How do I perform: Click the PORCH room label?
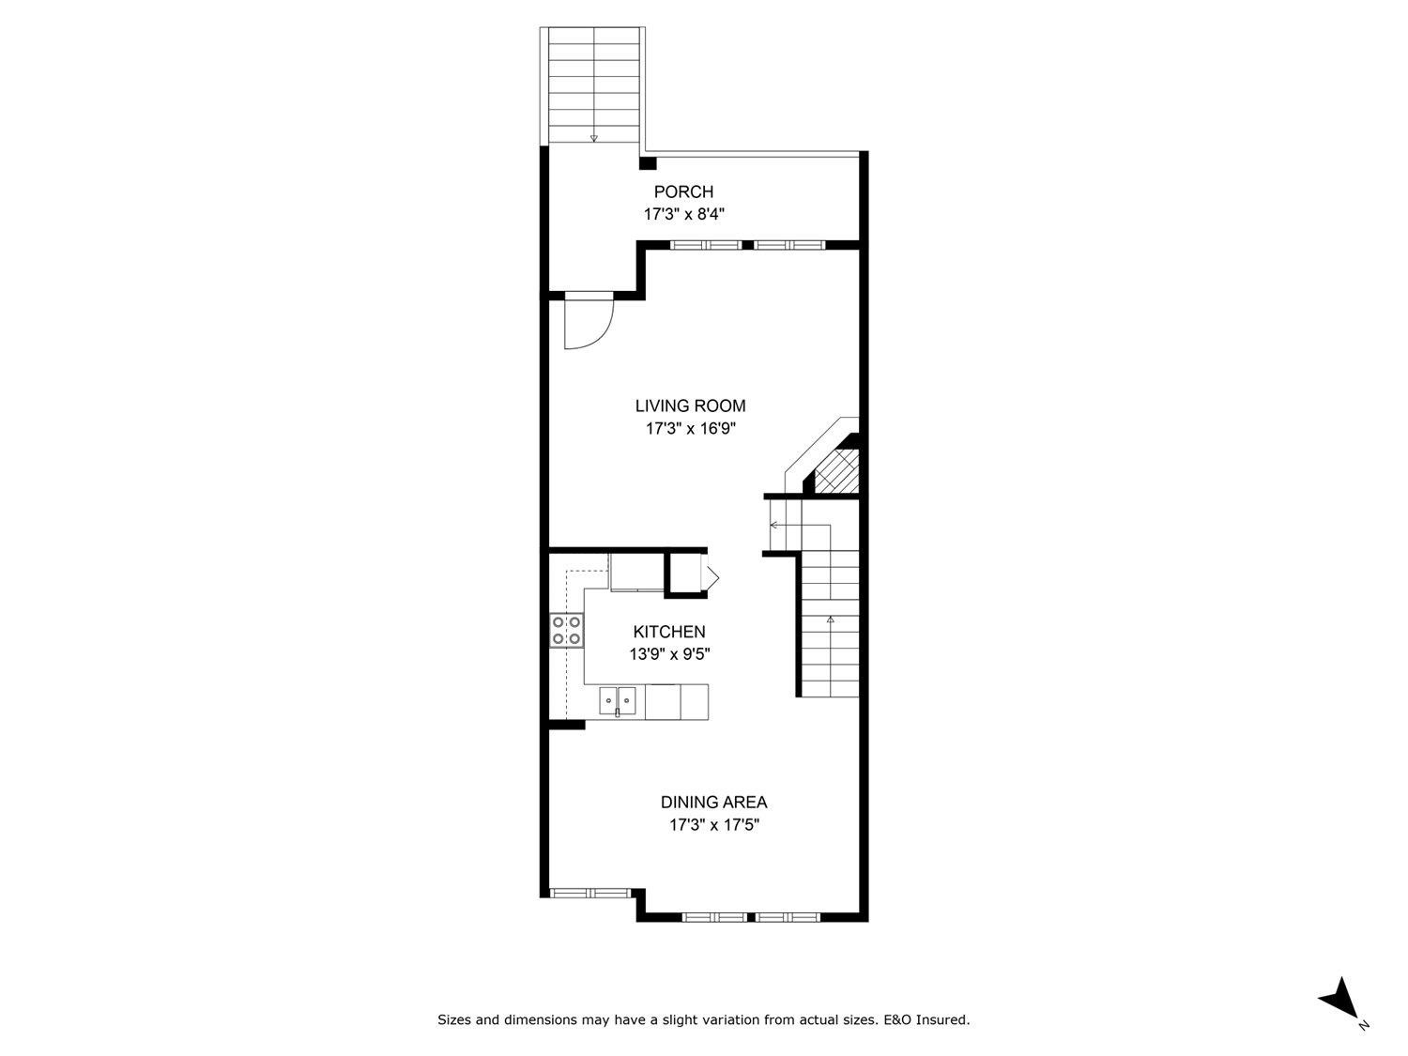coord(683,192)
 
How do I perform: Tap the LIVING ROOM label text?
coord(690,406)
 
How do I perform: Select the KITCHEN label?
coord(668,633)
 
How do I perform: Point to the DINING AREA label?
coord(713,803)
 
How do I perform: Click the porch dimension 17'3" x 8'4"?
coord(683,214)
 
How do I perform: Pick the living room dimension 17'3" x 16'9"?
coord(690,429)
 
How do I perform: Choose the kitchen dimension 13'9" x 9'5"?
coord(668,654)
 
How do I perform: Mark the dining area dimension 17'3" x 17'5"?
coord(713,825)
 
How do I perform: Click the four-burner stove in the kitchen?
coord(566,630)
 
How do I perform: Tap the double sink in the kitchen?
coord(618,698)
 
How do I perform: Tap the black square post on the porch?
coord(647,163)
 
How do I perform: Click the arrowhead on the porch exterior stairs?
coord(593,139)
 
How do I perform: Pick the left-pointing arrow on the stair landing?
coord(773,525)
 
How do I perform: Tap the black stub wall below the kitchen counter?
coord(566,725)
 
